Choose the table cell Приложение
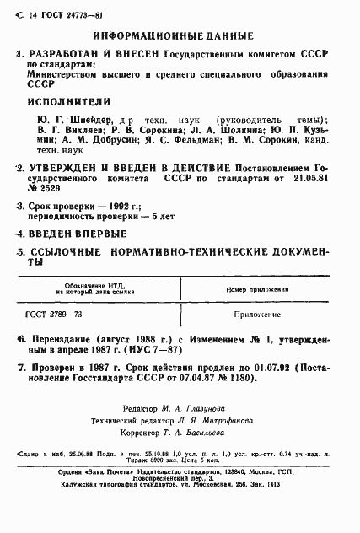[252, 315]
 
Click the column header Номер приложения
[252, 289]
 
